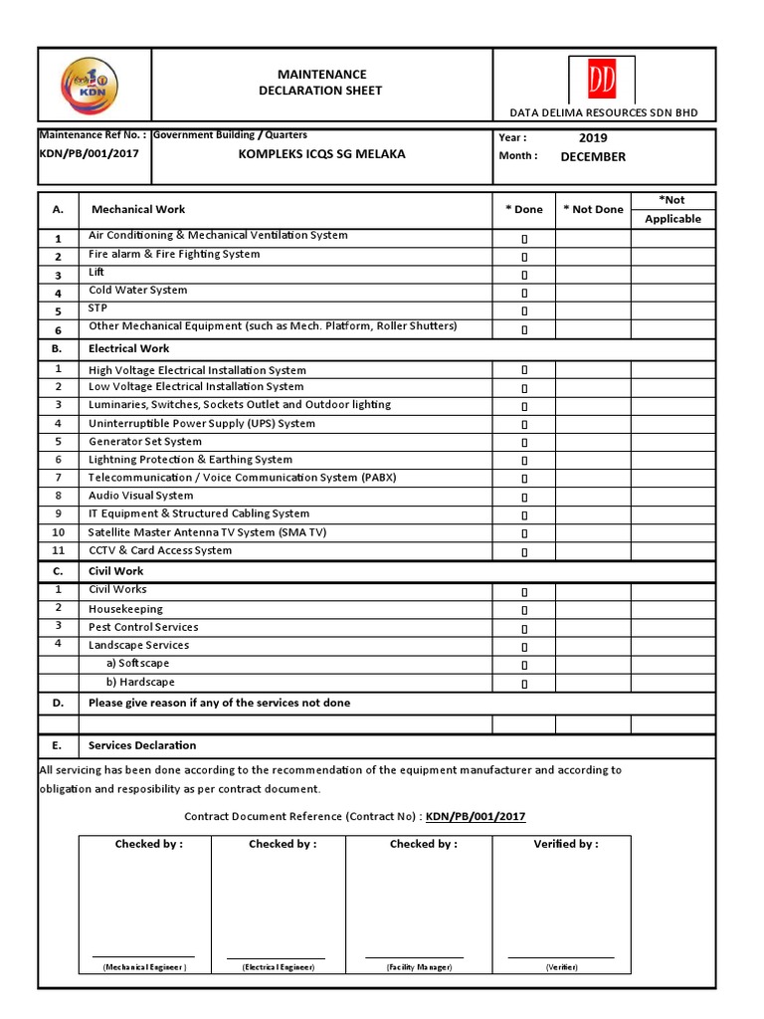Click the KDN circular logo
pyautogui.click(x=89, y=85)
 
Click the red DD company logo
pyautogui.click(x=602, y=80)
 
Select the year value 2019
pyautogui.click(x=593, y=138)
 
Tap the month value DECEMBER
pyautogui.click(x=593, y=156)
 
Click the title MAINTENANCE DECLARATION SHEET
pyautogui.click(x=321, y=83)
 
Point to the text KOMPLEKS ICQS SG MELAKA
pyautogui.click(x=320, y=154)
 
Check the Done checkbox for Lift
pyautogui.click(x=524, y=275)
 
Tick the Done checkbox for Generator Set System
pyautogui.click(x=524, y=443)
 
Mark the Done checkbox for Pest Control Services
pyautogui.click(x=524, y=629)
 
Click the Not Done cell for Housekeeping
pyautogui.click(x=593, y=609)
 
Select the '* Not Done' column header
pyautogui.click(x=593, y=209)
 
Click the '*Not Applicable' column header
pyautogui.click(x=673, y=209)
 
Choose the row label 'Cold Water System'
pyautogui.click(x=138, y=291)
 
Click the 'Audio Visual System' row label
pyautogui.click(x=141, y=496)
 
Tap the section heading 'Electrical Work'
pyautogui.click(x=129, y=349)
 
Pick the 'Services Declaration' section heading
pyautogui.click(x=142, y=745)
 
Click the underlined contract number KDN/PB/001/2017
pyautogui.click(x=476, y=817)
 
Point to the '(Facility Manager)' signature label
pyautogui.click(x=419, y=967)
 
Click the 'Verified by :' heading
pyautogui.click(x=566, y=844)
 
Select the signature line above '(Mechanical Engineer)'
pyautogui.click(x=144, y=956)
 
